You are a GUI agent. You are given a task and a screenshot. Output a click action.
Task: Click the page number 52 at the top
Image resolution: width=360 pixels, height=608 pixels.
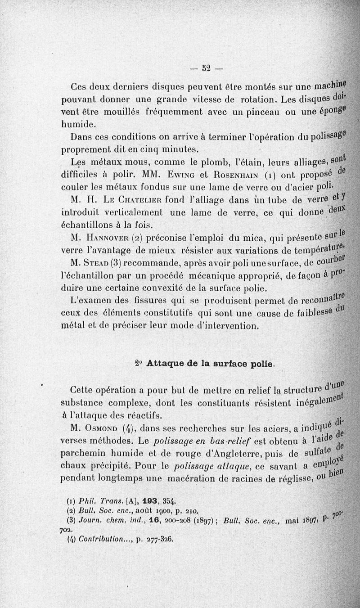tap(207, 69)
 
